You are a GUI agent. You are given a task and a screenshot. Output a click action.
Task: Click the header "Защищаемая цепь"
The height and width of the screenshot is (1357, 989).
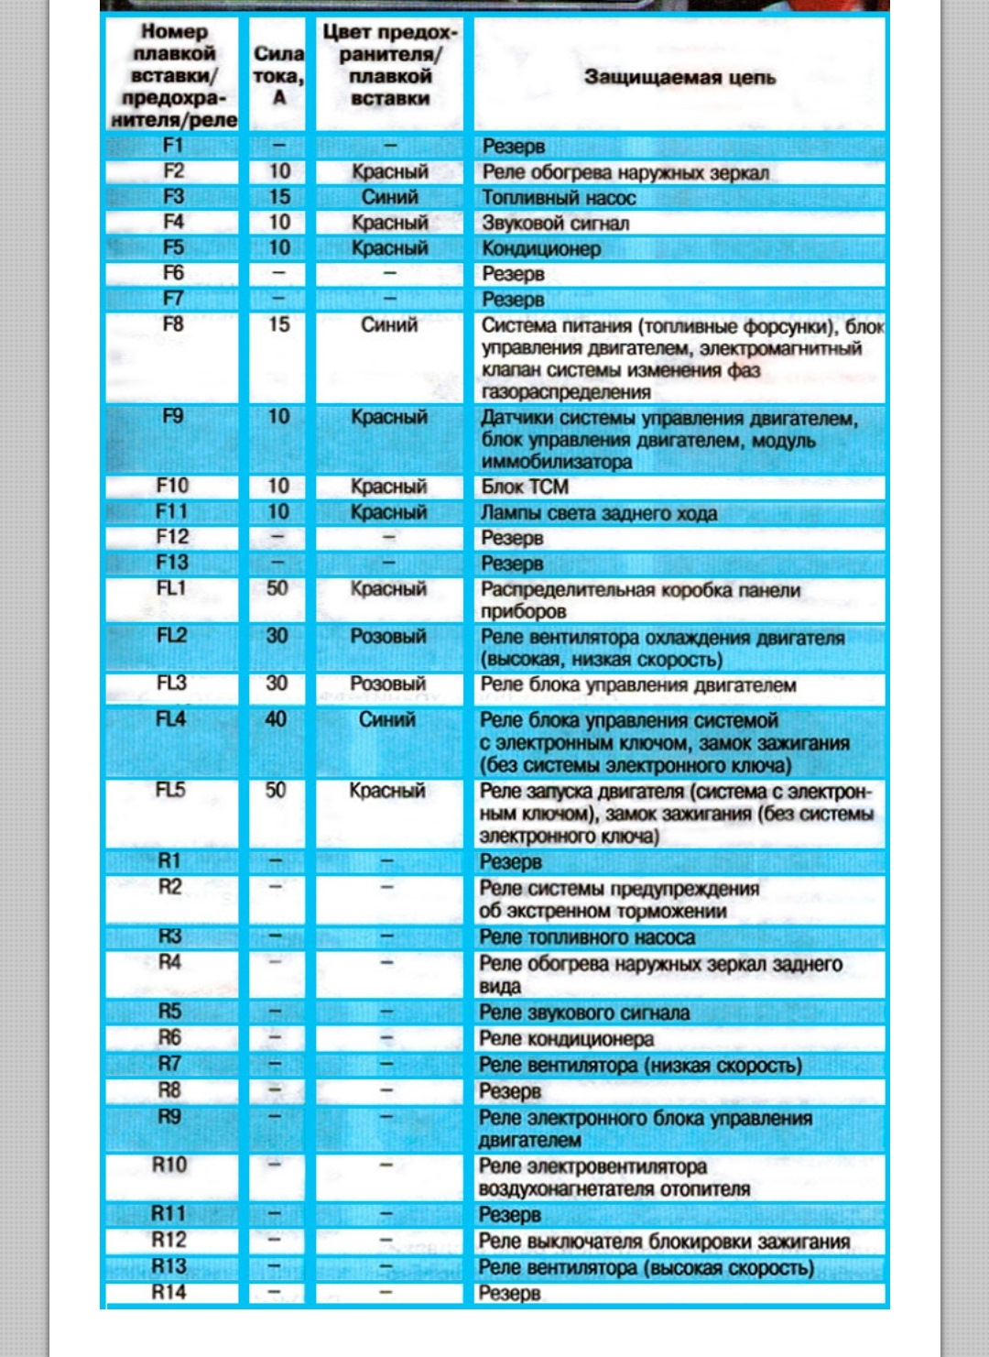pos(679,78)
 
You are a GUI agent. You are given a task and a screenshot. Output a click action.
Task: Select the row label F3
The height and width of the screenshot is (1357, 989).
pos(173,197)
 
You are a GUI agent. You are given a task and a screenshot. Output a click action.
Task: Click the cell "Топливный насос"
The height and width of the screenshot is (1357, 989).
pos(559,198)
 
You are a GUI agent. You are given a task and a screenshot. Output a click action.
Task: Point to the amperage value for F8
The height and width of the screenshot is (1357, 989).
pos(278,324)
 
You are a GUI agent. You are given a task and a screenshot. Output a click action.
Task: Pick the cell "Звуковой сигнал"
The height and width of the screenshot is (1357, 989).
pos(555,224)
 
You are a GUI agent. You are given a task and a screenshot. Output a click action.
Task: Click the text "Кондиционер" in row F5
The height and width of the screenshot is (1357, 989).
pos(541,249)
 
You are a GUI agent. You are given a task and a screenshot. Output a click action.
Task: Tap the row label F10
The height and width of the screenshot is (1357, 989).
pos(172,487)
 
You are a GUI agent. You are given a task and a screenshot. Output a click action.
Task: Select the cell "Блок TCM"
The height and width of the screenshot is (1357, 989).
pos(525,487)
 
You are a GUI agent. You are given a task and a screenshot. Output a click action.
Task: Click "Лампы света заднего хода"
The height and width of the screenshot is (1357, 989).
pos(599,513)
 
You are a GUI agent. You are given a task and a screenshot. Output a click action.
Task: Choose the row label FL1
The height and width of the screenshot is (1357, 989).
pos(171,589)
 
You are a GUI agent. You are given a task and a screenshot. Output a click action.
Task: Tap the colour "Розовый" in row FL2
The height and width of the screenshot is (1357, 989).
pos(388,637)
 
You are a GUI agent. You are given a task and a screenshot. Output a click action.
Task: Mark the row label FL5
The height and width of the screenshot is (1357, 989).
pos(170,791)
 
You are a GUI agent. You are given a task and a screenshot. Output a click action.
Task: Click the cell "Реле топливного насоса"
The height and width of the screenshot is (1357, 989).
pos(587,937)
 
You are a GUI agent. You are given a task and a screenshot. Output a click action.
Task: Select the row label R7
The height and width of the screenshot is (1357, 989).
pos(169,1065)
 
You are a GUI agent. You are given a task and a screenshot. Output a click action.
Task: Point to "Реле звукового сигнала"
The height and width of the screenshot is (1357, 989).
pos(584,1013)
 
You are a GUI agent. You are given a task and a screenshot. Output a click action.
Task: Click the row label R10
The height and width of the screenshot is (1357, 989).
pos(169,1165)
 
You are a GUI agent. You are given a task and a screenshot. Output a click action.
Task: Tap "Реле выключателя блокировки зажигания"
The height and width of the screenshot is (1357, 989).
pos(664,1242)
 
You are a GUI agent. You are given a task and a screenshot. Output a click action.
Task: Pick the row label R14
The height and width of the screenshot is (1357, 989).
pos(168,1293)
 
